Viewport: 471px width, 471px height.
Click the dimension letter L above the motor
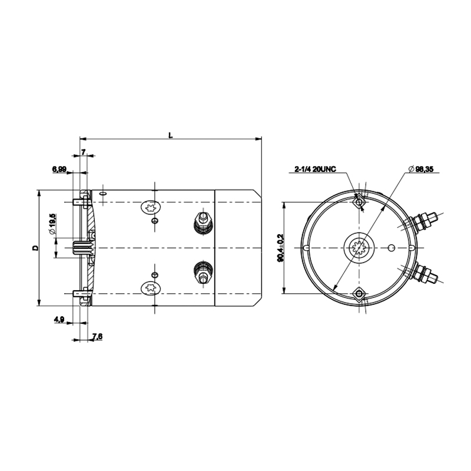(x=171, y=135)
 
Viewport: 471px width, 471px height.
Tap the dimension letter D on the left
(x=36, y=248)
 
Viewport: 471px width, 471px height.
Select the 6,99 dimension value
(x=59, y=169)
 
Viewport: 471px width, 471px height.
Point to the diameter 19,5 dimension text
(x=52, y=224)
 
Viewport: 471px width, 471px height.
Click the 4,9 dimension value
(x=59, y=320)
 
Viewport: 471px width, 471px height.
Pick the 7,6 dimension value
(x=97, y=336)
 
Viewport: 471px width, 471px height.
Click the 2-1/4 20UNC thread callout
(x=315, y=170)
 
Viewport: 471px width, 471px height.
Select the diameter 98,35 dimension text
(x=421, y=169)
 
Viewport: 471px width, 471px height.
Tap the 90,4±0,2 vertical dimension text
(x=281, y=248)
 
